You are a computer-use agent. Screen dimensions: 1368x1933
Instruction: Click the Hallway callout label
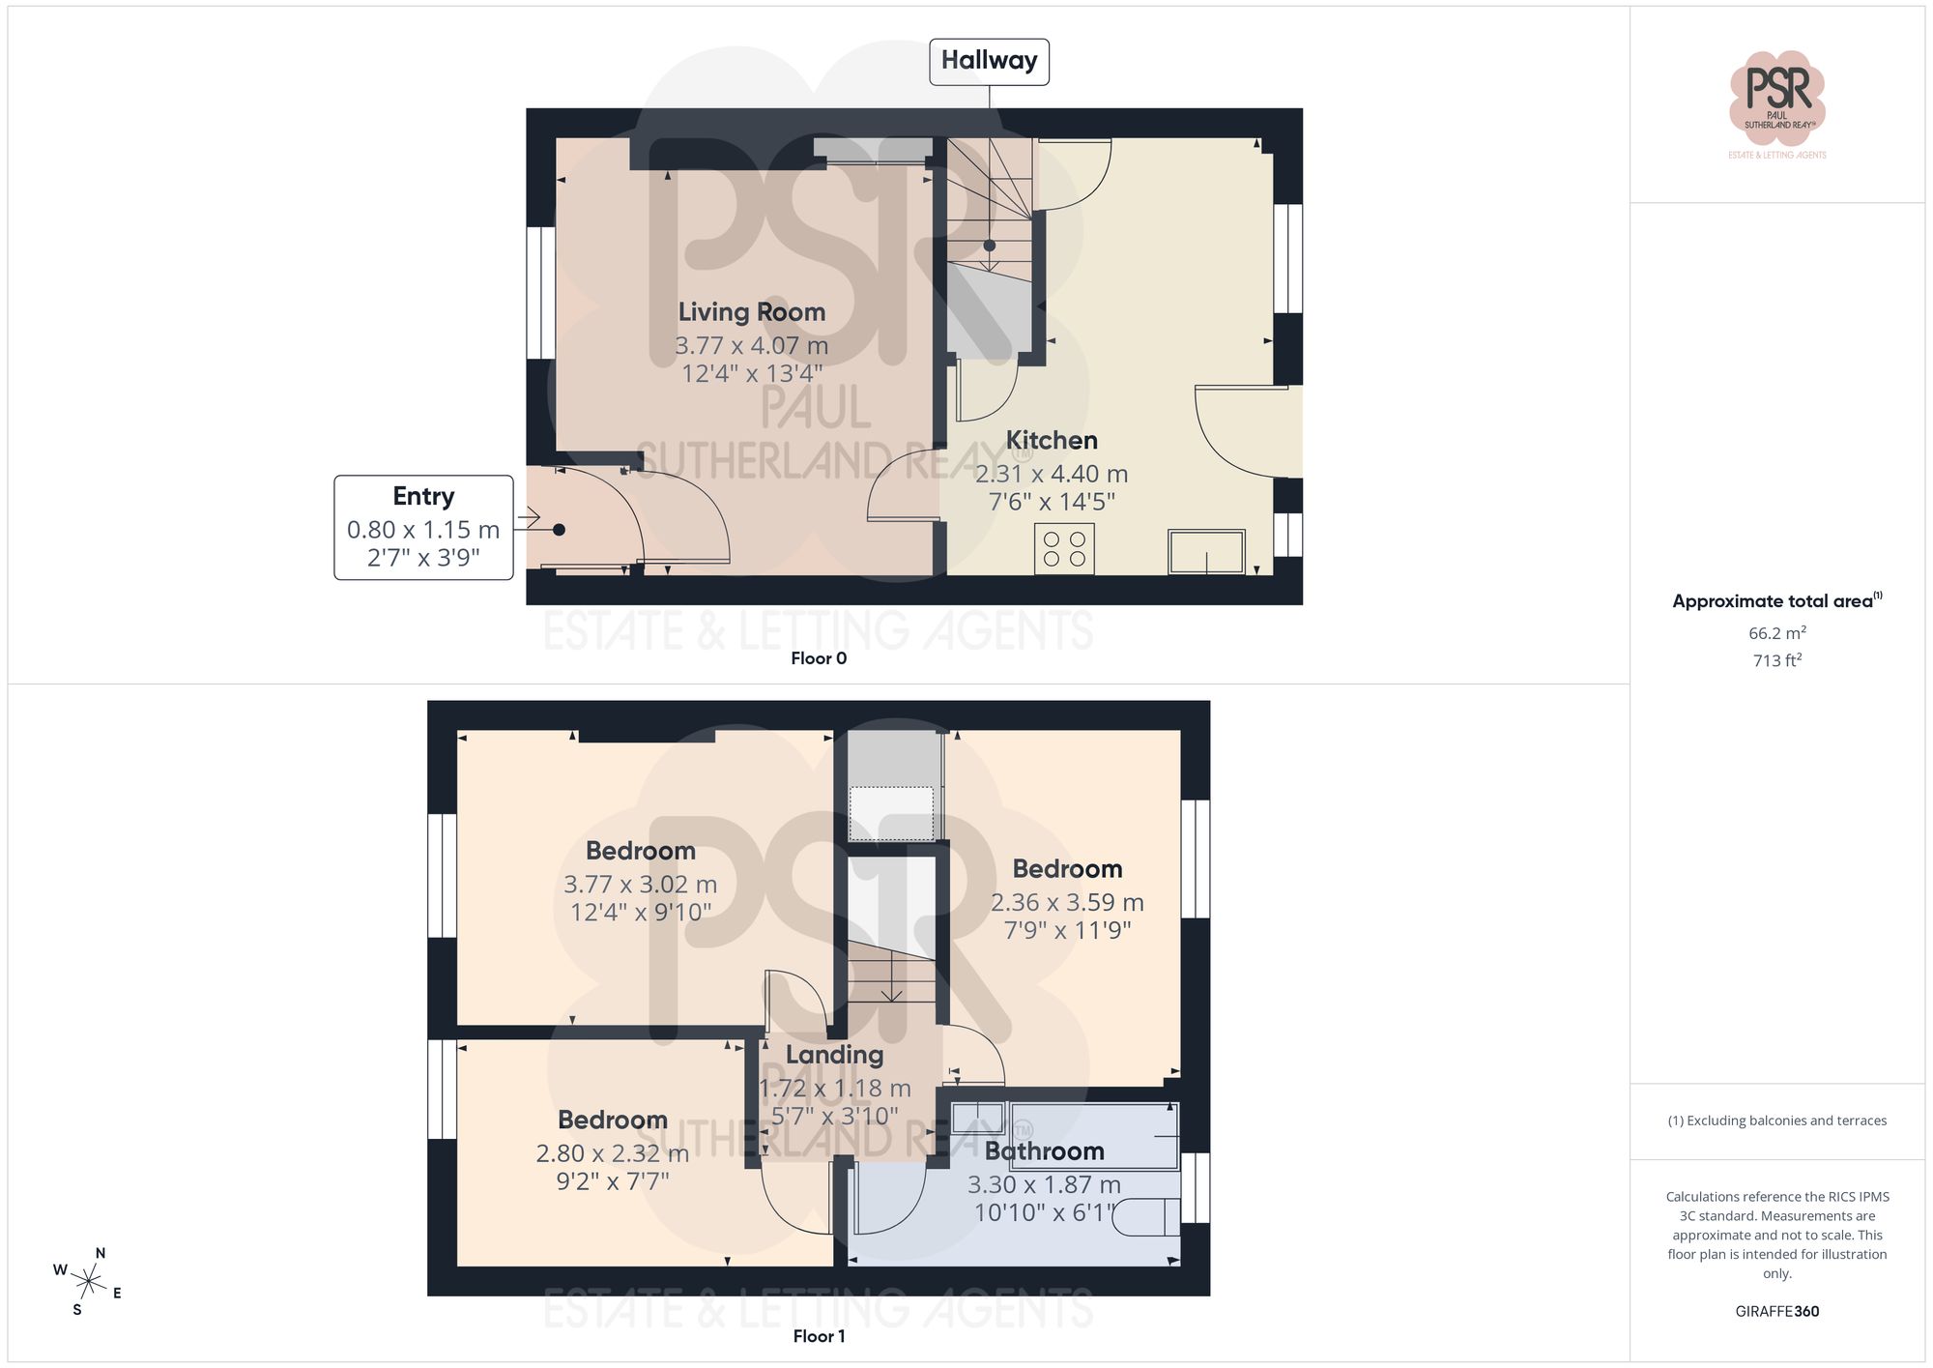tap(989, 62)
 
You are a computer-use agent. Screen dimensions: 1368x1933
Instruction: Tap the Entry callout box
tap(423, 527)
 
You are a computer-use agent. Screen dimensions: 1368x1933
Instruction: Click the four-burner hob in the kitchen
tap(1064, 549)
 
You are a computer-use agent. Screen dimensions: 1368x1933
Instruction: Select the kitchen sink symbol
tap(1206, 551)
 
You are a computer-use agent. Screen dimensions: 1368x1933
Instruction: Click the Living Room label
tap(751, 312)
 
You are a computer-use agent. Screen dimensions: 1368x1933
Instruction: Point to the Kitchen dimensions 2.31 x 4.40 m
tap(1052, 474)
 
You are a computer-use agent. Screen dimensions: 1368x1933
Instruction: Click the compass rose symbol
tap(89, 1282)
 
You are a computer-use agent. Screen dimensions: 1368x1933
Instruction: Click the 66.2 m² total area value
tap(1776, 633)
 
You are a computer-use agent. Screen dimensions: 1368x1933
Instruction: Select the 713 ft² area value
tap(1776, 660)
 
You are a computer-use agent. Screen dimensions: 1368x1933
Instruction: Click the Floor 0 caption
tap(819, 658)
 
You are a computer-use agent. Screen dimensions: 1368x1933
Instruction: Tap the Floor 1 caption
tap(819, 1336)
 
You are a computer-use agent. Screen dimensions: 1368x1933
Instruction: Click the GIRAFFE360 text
tap(1776, 1312)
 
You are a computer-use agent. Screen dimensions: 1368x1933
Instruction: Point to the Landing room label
tap(834, 1055)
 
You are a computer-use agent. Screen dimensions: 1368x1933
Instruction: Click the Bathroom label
tap(1044, 1151)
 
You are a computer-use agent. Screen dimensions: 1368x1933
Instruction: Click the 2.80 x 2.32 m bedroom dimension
tap(612, 1153)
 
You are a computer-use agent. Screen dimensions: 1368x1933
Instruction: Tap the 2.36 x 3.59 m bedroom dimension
tap(1067, 903)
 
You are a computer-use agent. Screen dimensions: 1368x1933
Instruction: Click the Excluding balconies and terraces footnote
tap(1776, 1121)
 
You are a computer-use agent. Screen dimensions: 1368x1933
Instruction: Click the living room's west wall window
tap(540, 293)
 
